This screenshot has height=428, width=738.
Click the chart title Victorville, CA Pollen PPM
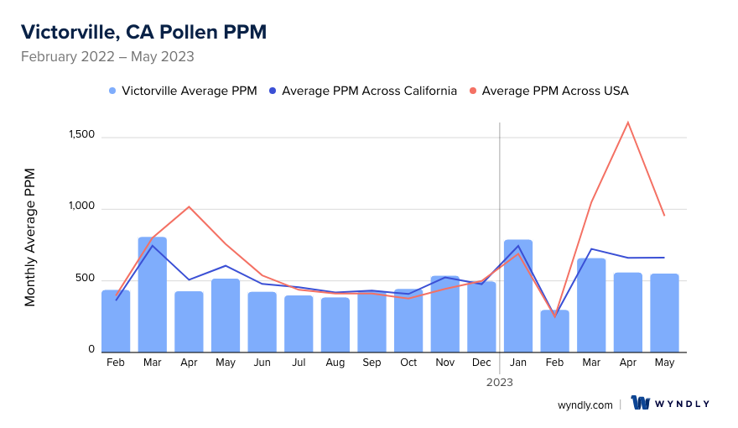coord(143,32)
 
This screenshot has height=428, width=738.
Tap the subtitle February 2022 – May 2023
coord(107,57)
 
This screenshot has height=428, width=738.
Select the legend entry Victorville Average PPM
coord(183,91)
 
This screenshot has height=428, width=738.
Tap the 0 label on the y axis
coord(91,349)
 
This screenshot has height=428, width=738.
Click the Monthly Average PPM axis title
coord(30,237)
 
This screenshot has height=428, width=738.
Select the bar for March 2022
coord(153,295)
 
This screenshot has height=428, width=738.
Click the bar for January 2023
coord(518,296)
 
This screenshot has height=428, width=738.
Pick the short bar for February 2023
coord(554,331)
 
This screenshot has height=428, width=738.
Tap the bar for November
coord(445,314)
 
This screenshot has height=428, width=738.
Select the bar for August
coord(335,325)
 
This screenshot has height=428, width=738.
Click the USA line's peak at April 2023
coord(627,123)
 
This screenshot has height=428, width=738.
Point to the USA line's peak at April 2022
coord(189,206)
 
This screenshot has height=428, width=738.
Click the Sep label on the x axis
coord(372,363)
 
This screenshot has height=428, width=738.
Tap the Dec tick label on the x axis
coord(481,363)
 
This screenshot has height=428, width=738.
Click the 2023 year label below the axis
coord(500,382)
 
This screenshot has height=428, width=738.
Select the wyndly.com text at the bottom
coord(585,405)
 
